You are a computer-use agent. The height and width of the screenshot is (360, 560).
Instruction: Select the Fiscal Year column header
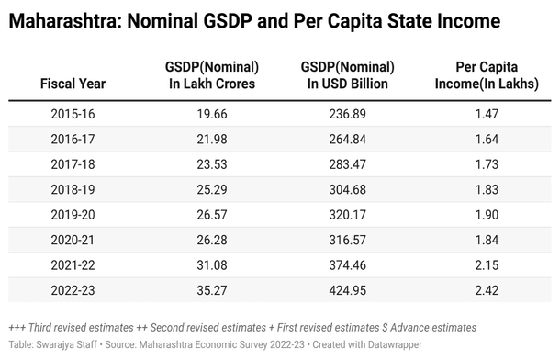click(x=73, y=84)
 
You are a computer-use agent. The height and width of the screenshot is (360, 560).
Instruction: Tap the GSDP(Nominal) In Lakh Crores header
click(x=211, y=75)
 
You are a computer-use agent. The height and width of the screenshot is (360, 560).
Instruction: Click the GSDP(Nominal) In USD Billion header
click(x=347, y=75)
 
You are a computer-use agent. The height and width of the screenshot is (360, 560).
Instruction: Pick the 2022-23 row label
click(x=73, y=291)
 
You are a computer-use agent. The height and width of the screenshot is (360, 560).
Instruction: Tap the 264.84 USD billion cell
click(x=347, y=138)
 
